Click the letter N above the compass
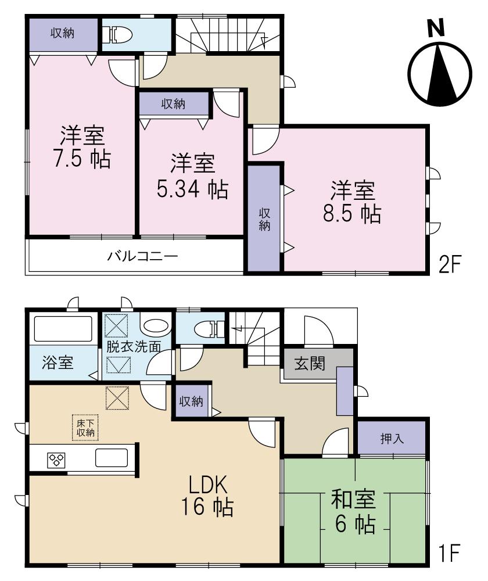437,28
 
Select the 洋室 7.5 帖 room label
81,148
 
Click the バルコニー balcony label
142,256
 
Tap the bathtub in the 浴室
63,329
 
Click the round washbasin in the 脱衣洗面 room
155,327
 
